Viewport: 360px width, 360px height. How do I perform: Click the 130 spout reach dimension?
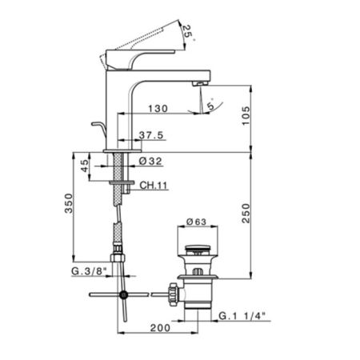click(158, 108)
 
